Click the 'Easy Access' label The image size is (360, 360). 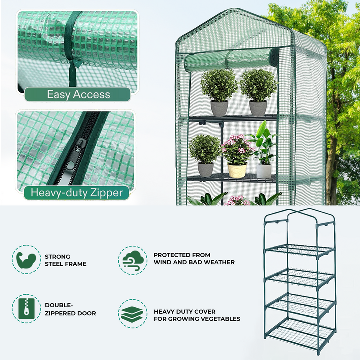tap(78, 94)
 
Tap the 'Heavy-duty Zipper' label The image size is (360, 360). tap(77, 193)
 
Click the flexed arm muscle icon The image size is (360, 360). tap(26, 259)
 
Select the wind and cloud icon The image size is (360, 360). tap(132, 259)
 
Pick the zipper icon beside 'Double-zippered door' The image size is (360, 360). tap(26, 309)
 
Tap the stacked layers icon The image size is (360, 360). tap(132, 314)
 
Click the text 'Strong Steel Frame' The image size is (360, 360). tap(65, 260)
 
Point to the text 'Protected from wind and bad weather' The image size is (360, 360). tap(194, 258)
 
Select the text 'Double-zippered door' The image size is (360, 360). tap(70, 309)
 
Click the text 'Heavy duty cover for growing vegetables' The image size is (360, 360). tap(197, 315)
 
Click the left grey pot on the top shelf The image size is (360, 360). tap(219, 108)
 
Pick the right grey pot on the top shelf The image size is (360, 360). tap(258, 108)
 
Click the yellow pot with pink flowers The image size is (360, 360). tap(237, 170)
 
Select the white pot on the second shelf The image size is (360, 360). tap(264, 171)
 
